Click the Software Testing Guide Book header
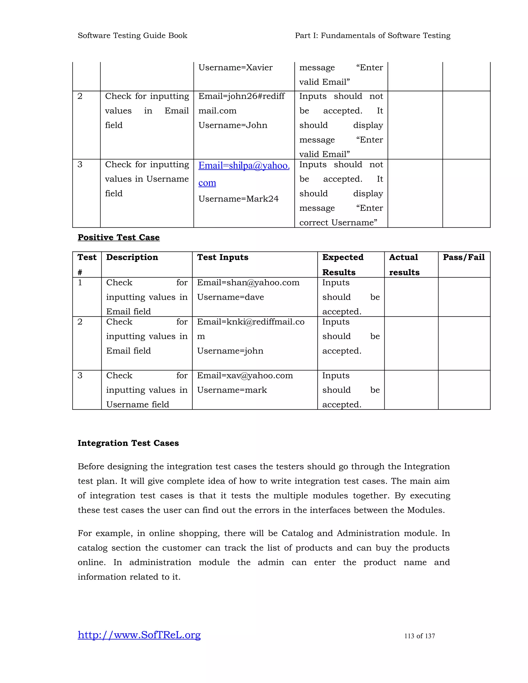pyautogui.click(x=132, y=36)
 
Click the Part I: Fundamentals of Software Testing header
pyautogui.click(x=373, y=36)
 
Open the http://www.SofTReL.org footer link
pyautogui.click(x=139, y=635)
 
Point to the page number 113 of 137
pyautogui.click(x=419, y=636)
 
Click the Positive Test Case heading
pyautogui.click(x=119, y=237)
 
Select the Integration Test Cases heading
pyautogui.click(x=128, y=443)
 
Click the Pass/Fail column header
pyautogui.click(x=464, y=257)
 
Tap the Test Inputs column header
pyautogui.click(x=223, y=257)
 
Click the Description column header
pyautogui.click(x=132, y=257)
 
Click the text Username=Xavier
pyautogui.click(x=236, y=68)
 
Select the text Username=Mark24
pyautogui.click(x=238, y=199)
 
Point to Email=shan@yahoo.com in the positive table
pyautogui.click(x=248, y=283)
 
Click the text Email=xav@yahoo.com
pyautogui.click(x=245, y=376)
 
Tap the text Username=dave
pyautogui.click(x=230, y=297)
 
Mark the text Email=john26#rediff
pyautogui.click(x=242, y=96)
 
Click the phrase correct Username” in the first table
pyautogui.click(x=338, y=223)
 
